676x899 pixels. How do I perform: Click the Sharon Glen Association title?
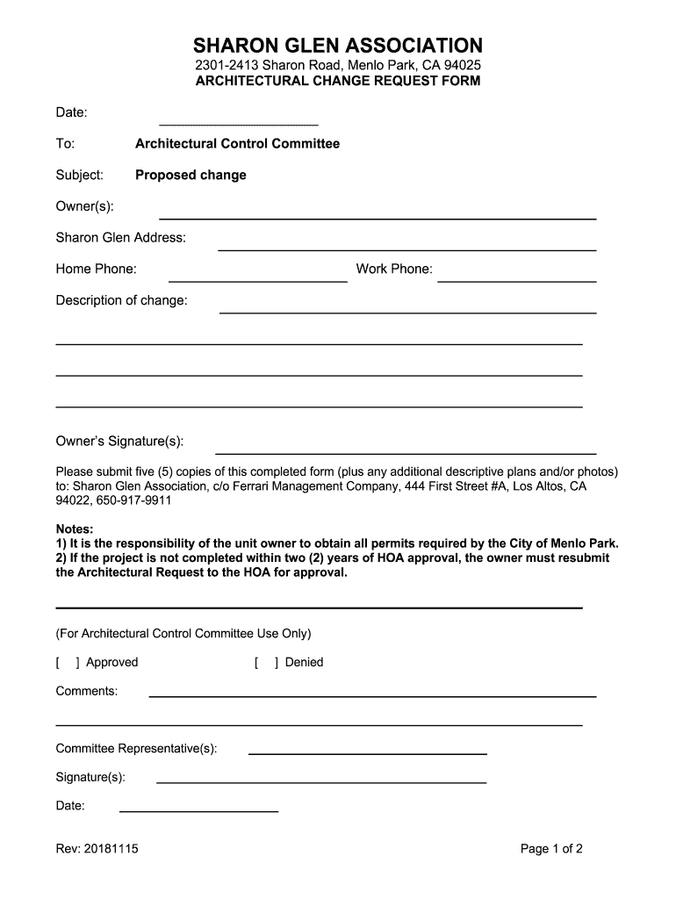coord(338,45)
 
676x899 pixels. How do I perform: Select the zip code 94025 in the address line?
coord(462,66)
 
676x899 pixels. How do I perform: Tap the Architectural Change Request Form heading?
coord(338,82)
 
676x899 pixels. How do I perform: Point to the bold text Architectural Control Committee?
coord(237,143)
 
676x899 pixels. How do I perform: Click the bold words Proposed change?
coord(191,175)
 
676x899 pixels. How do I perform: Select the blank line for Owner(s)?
coord(378,215)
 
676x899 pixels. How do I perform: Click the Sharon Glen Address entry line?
coord(406,247)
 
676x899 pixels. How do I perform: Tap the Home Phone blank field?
coord(263,278)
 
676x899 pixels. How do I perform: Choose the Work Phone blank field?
coord(516,278)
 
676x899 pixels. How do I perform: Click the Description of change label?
coord(122,300)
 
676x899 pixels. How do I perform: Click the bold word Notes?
coord(75,529)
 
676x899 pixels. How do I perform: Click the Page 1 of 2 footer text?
coord(551,849)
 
